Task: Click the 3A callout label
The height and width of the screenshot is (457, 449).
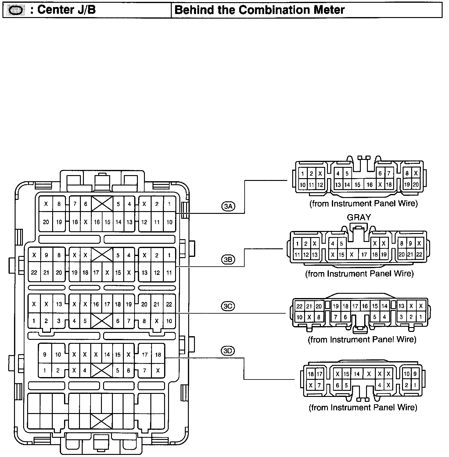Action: tap(228, 207)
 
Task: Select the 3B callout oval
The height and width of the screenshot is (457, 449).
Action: tap(228, 260)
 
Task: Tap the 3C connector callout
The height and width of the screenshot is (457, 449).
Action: tap(228, 306)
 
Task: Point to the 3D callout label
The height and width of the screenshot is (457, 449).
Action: tap(228, 351)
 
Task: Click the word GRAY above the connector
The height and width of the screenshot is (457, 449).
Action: tap(359, 218)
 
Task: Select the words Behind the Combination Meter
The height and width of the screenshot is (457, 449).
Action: tap(259, 10)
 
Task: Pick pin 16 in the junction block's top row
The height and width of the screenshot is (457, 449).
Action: tap(97, 222)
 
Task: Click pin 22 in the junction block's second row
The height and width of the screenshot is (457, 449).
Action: tap(34, 272)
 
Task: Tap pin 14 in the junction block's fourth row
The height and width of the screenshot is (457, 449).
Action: tap(107, 354)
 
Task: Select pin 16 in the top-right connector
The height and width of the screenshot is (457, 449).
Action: tap(370, 185)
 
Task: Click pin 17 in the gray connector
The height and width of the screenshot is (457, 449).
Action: tap(364, 254)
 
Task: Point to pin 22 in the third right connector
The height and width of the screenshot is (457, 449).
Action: tap(300, 306)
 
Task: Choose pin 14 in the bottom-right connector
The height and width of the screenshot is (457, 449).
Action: tap(357, 374)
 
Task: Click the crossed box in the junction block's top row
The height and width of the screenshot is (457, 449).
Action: tap(102, 203)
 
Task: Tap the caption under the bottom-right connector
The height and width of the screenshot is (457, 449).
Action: tap(363, 407)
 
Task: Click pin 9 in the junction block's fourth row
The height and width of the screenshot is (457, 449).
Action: tap(45, 354)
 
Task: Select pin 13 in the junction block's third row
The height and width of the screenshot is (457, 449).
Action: tap(59, 304)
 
